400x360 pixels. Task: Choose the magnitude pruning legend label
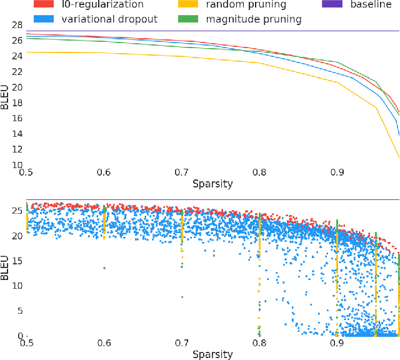click(254, 19)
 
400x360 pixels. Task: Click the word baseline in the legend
click(371, 5)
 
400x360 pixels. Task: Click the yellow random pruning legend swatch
click(197, 5)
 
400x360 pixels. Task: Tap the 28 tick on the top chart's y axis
click(17, 25)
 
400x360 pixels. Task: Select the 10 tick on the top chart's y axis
click(17, 165)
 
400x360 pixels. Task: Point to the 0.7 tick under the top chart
click(181, 172)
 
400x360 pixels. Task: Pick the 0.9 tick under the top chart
click(337, 172)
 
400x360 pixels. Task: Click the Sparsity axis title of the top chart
click(212, 184)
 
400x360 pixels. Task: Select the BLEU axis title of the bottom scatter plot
click(6, 266)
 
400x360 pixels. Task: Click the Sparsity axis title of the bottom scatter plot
click(212, 354)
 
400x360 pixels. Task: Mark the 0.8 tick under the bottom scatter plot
click(259, 342)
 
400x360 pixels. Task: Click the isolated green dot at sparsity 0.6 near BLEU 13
click(104, 268)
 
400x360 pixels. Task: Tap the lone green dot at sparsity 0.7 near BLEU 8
click(182, 297)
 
